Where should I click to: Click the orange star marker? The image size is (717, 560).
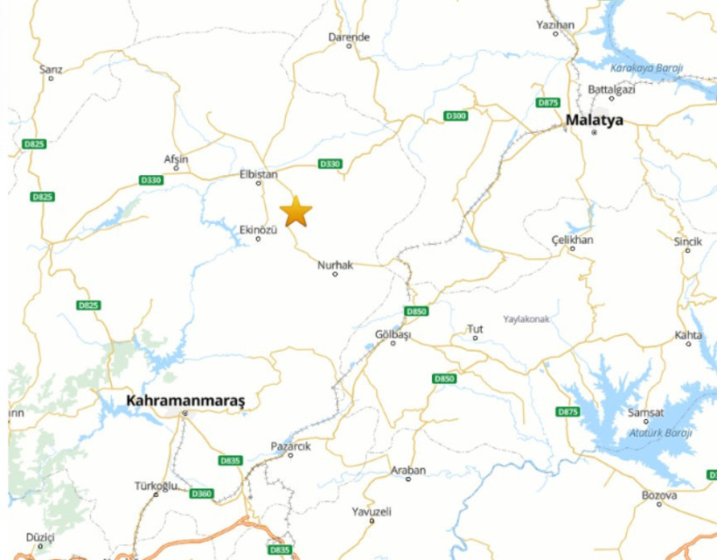(x=296, y=212)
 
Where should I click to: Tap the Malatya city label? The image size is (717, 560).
(x=595, y=120)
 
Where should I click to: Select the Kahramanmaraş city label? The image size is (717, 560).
(x=185, y=401)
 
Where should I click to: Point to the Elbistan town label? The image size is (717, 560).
(x=258, y=174)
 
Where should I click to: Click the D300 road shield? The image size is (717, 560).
(x=456, y=115)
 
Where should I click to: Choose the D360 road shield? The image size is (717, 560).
(x=201, y=493)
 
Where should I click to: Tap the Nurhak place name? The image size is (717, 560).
(x=335, y=264)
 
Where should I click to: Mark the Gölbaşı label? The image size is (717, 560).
(x=393, y=334)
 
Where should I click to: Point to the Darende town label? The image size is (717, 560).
(x=349, y=37)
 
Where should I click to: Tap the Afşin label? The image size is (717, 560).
(x=176, y=159)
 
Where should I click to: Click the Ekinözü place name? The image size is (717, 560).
(x=258, y=229)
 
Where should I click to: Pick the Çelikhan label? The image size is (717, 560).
(x=573, y=240)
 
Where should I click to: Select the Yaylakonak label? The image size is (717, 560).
(x=526, y=319)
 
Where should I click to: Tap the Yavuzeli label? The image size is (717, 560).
(x=371, y=511)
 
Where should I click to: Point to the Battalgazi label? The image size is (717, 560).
(x=612, y=89)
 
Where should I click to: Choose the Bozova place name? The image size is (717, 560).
(x=659, y=495)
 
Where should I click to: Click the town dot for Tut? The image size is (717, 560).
(x=476, y=338)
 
